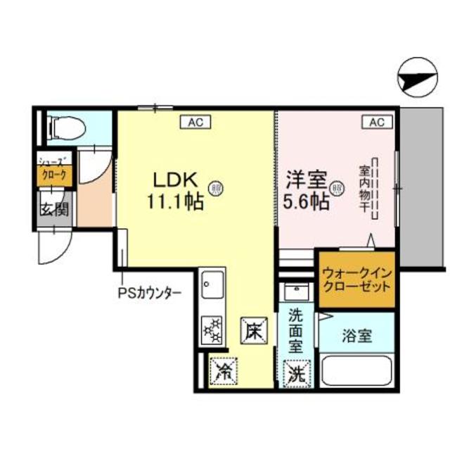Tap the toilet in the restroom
(x=67, y=128)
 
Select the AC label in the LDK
(x=195, y=123)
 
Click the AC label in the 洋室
(x=377, y=123)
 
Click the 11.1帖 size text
(x=175, y=202)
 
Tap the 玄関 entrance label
(x=53, y=209)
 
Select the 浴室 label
(x=357, y=337)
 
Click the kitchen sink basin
(x=212, y=287)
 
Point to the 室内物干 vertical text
(x=365, y=188)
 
